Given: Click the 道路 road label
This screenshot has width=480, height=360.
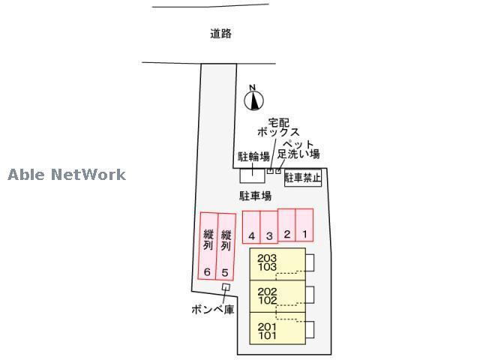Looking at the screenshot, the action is (x=220, y=33).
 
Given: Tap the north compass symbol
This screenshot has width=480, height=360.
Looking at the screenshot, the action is (x=253, y=98).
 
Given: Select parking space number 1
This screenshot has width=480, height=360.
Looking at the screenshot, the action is (x=304, y=225).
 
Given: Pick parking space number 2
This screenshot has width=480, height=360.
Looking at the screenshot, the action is (x=286, y=225).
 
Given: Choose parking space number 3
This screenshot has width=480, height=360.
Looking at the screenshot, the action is (x=269, y=226).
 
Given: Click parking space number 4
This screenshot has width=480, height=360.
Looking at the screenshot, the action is (x=251, y=226).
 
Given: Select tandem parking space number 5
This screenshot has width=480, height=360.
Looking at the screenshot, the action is (x=226, y=247).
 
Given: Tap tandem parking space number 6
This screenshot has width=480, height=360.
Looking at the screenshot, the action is (x=208, y=246).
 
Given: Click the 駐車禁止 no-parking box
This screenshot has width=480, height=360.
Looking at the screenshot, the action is (x=303, y=178).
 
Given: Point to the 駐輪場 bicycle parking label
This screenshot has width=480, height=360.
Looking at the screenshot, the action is (x=253, y=157).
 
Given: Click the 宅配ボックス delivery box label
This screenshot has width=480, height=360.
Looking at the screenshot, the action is (x=278, y=127).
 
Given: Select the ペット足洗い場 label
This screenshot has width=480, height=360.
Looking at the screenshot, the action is (x=298, y=149).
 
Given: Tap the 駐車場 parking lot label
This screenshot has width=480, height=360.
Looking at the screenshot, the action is (x=255, y=196).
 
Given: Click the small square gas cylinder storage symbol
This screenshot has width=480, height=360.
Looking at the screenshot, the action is (x=226, y=286).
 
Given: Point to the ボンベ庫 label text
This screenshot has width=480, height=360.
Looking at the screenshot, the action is (x=213, y=310).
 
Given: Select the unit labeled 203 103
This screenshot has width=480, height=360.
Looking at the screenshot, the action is (x=277, y=264).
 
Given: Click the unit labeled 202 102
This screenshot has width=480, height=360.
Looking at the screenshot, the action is (x=277, y=296).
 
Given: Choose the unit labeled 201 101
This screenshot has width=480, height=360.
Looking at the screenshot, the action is (x=277, y=328).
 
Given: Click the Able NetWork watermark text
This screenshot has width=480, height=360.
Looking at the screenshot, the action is (x=67, y=175).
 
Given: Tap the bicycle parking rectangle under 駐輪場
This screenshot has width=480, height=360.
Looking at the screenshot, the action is (x=252, y=175).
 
